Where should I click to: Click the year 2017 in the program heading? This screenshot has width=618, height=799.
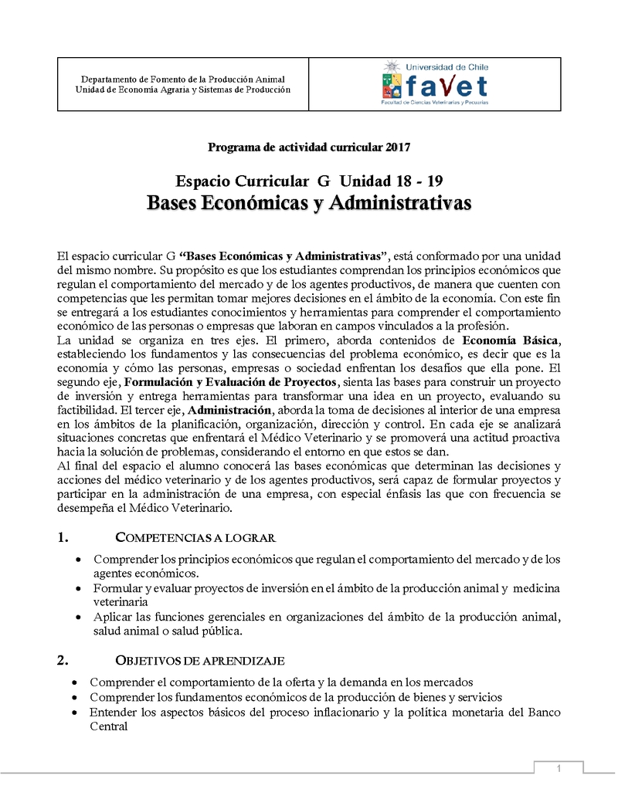(397, 147)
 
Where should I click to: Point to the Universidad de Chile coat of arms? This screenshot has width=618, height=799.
(392, 81)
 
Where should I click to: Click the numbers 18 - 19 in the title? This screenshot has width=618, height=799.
(418, 181)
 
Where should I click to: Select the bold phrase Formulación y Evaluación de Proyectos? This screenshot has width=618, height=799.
(230, 382)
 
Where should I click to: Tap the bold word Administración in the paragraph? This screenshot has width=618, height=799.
(229, 410)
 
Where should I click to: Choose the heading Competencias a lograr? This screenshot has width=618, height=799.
(195, 538)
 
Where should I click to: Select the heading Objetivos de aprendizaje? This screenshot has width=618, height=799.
(199, 661)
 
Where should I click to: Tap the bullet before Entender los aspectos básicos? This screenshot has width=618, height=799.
(73, 712)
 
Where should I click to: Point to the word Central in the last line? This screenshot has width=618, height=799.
(108, 726)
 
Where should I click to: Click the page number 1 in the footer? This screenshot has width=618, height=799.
(559, 768)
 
